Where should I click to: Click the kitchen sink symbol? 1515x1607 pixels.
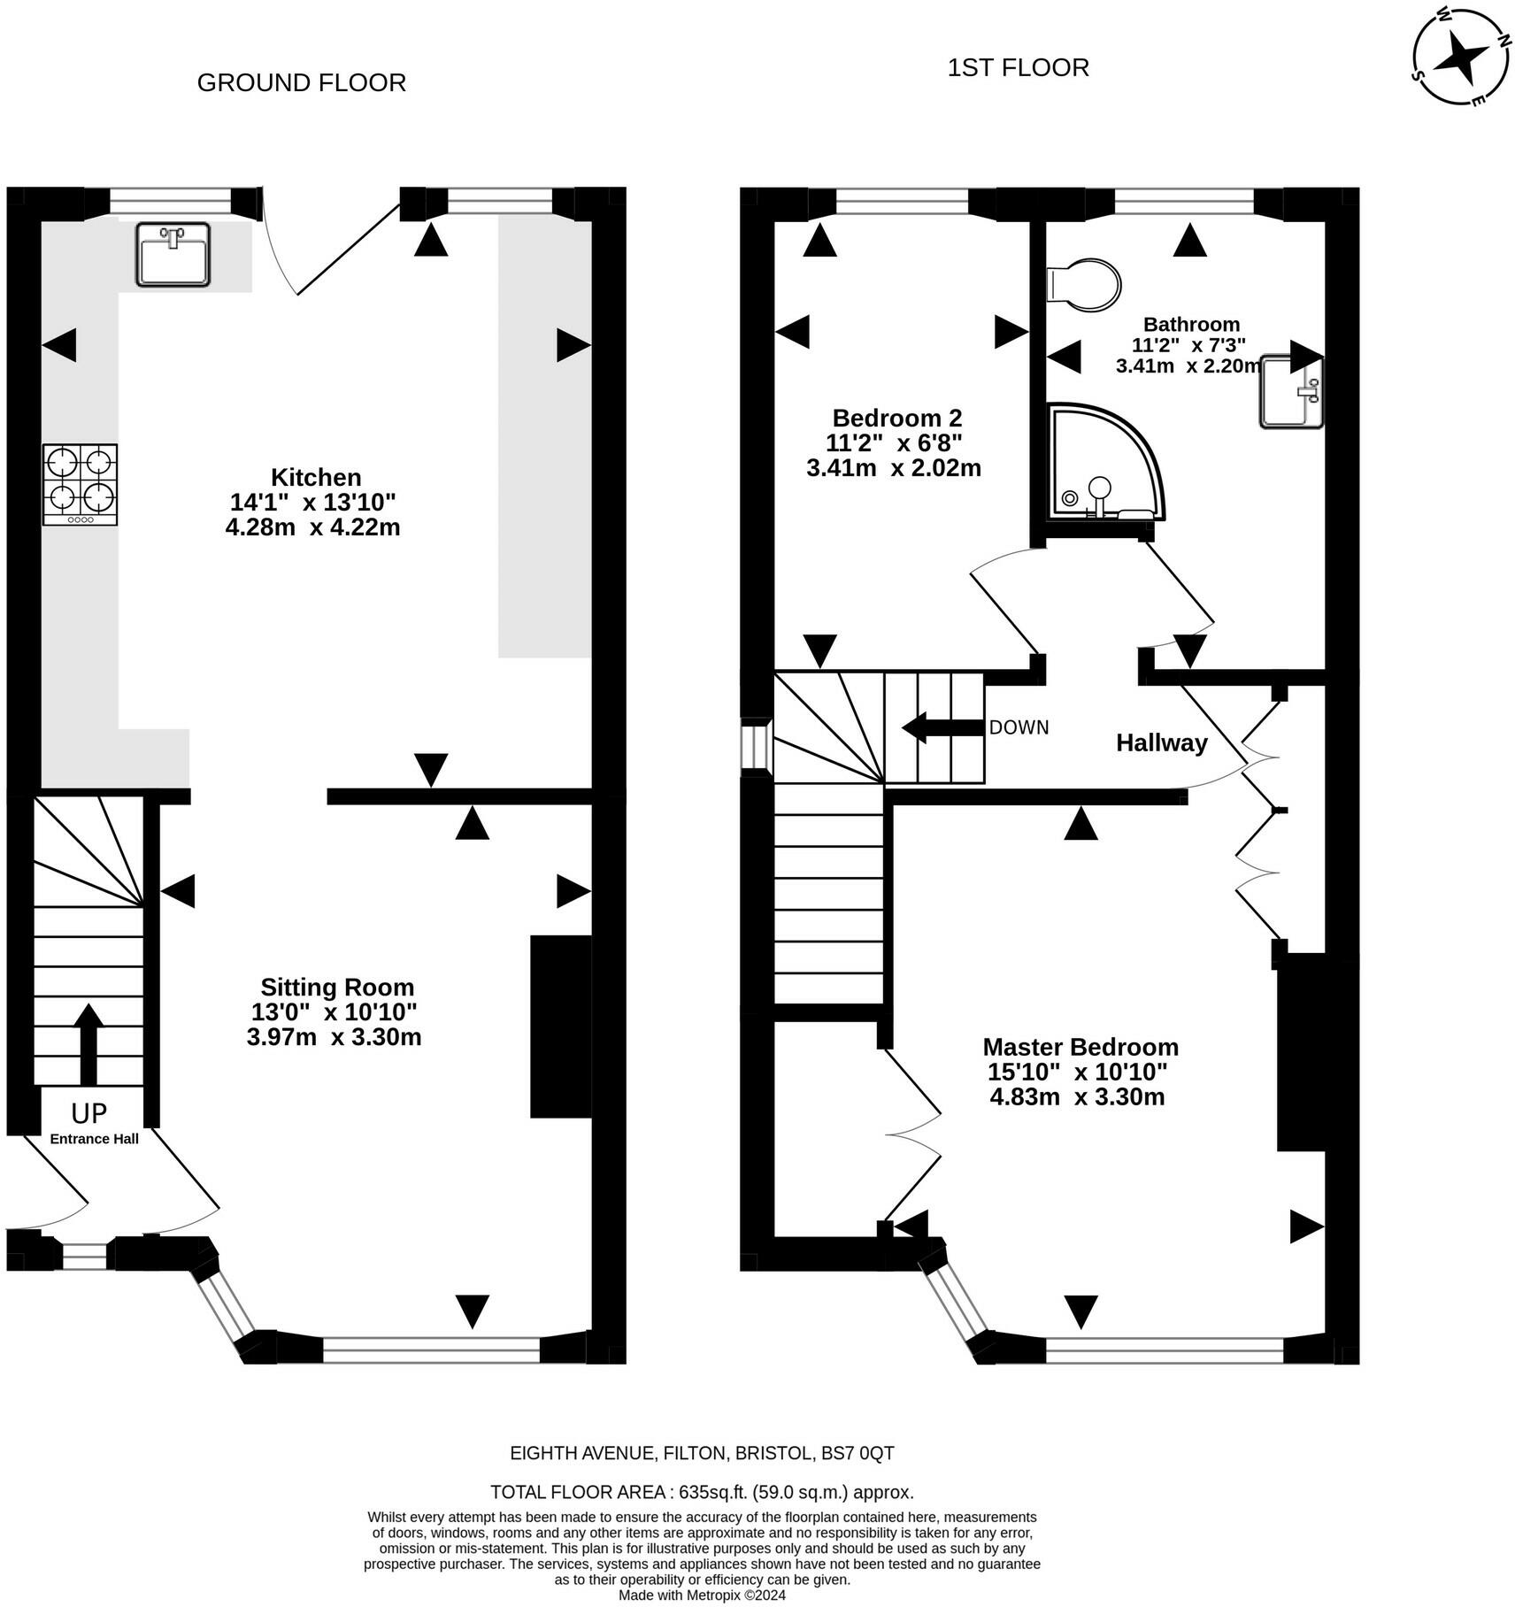173,254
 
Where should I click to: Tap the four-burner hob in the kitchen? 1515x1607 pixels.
80,484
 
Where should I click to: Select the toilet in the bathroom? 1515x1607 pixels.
1083,285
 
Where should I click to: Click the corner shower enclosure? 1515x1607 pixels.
1105,462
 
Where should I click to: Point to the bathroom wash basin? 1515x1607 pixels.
1292,391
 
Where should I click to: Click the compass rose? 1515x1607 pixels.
1459,57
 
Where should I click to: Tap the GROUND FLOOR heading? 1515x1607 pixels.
302,82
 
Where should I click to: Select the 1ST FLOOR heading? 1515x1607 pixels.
1019,67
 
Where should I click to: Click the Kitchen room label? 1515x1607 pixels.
316,477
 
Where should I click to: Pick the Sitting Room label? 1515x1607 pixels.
337,987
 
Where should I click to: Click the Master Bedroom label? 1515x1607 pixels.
1080,1047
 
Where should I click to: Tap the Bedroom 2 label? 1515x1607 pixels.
897,418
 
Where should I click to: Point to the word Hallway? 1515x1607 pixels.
1162,743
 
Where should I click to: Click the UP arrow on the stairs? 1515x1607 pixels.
88,1044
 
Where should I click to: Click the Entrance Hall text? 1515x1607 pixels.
95,1139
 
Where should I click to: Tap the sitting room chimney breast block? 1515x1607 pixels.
561,1026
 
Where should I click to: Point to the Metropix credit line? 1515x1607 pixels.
702,1595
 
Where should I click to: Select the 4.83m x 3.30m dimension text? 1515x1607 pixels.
1077,1097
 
